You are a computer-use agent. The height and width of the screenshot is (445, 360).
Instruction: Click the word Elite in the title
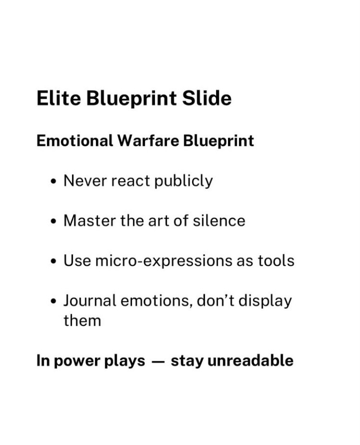tap(59, 98)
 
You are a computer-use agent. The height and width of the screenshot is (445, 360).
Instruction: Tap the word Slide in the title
tap(207, 98)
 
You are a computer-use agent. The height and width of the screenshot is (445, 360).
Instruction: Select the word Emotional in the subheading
tap(75, 141)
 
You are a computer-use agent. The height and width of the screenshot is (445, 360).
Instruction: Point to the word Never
tap(85, 181)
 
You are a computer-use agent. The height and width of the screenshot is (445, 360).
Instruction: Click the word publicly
tap(183, 181)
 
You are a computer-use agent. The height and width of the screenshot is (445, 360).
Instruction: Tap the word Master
tap(89, 221)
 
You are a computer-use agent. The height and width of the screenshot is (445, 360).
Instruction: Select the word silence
tap(219, 221)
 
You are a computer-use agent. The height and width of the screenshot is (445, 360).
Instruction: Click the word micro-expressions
tap(164, 261)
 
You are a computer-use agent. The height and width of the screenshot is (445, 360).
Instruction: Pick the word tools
tap(276, 261)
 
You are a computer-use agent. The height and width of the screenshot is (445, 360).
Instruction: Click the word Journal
tap(90, 301)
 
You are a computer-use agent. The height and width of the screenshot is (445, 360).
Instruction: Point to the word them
tap(82, 321)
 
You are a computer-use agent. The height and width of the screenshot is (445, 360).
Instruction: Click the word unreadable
tap(251, 361)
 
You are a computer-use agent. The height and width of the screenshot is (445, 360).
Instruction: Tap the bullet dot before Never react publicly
tap(53, 182)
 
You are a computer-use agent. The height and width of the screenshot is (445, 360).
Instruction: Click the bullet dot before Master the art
tap(53, 222)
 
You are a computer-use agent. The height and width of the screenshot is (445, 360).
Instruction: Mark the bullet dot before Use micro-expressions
tap(53, 262)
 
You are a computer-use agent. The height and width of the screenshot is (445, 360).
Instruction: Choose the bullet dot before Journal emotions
tap(53, 302)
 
